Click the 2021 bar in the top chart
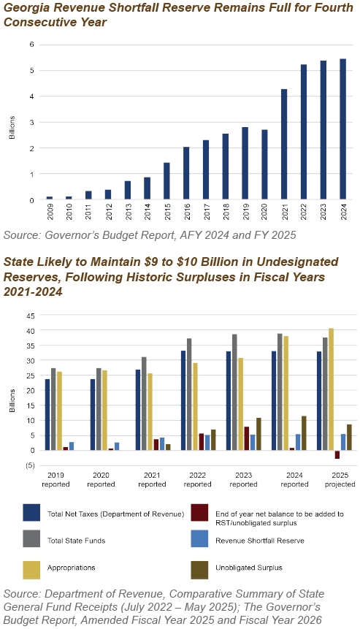point(284,144)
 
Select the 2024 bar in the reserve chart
point(342,129)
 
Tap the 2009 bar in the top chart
point(50,198)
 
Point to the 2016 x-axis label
point(187,212)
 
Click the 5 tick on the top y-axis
point(32,71)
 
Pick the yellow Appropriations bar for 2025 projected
point(331,389)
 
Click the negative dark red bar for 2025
point(337,454)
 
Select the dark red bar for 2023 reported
point(247,438)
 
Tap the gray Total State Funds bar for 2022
point(189,394)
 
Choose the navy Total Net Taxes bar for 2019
point(47,415)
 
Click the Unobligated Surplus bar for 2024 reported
point(304,433)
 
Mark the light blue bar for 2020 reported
point(117,446)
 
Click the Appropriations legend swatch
point(31,570)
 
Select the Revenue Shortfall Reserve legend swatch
point(199,538)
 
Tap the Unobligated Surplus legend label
point(249,568)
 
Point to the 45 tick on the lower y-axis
point(31,316)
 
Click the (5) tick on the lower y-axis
point(31,466)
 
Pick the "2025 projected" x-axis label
point(340,480)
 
